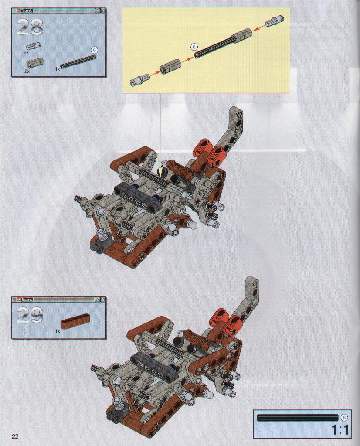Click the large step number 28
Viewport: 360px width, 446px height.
click(30, 27)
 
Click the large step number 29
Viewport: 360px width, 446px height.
click(30, 315)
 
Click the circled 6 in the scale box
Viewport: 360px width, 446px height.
click(344, 417)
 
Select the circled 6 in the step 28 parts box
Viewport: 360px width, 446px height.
click(95, 50)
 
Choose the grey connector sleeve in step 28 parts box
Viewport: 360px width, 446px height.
click(35, 63)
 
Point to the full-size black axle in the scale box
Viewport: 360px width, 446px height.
click(299, 418)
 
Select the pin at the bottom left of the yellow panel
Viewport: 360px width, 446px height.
click(139, 79)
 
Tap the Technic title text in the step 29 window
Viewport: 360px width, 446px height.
click(27, 300)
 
